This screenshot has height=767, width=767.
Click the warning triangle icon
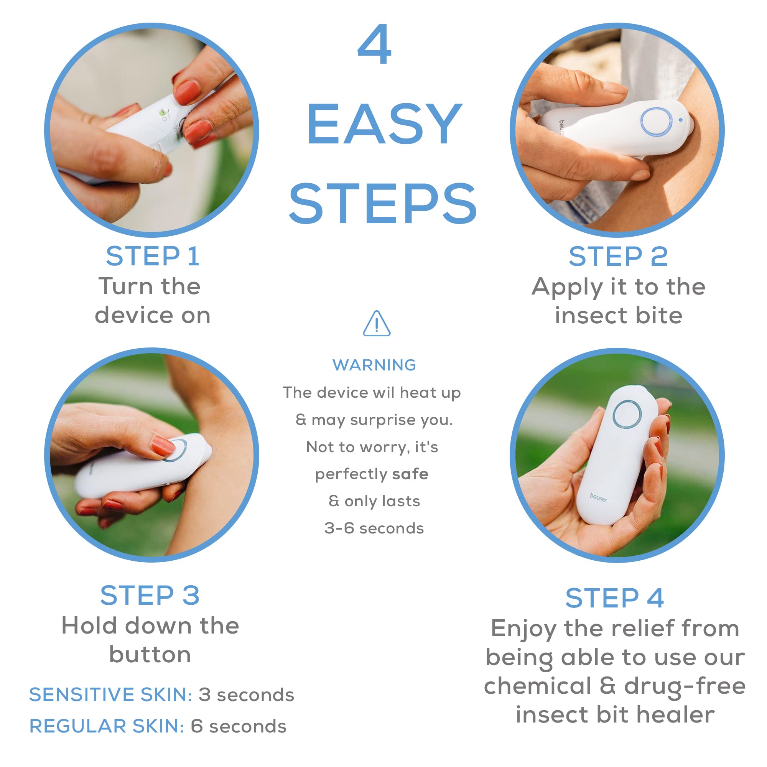[x=377, y=324]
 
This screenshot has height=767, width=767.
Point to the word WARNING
[x=374, y=365]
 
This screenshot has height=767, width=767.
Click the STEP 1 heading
[x=153, y=257]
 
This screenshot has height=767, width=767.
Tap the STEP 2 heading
[x=618, y=257]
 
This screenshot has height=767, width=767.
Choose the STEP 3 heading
[x=150, y=595]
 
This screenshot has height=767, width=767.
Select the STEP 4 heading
[x=614, y=598]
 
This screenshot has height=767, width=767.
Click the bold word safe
[x=410, y=474]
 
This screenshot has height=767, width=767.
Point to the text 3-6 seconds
[x=374, y=528]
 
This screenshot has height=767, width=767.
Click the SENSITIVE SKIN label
[x=111, y=695]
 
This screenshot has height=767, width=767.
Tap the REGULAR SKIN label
[x=107, y=726]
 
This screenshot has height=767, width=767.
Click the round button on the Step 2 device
[x=656, y=122]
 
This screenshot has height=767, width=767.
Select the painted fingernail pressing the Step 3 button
[x=163, y=446]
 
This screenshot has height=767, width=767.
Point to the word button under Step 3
[x=150, y=655]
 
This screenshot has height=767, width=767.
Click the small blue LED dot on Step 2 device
[x=680, y=120]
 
